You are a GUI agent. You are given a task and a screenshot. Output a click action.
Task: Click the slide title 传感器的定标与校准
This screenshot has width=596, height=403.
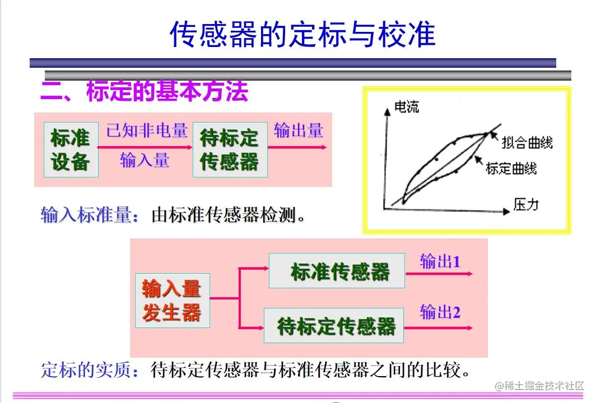302,35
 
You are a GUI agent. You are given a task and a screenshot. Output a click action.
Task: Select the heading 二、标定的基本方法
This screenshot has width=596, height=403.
145,91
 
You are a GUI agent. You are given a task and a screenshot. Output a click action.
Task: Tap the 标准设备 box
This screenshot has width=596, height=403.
71,149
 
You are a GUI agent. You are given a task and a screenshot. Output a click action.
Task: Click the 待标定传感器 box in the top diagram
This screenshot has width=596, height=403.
230,149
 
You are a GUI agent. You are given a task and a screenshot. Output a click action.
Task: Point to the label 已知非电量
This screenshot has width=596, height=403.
147,130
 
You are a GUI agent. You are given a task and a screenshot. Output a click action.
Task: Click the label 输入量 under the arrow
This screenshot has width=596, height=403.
145,161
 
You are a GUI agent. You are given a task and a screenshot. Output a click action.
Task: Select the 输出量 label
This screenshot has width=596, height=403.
298,130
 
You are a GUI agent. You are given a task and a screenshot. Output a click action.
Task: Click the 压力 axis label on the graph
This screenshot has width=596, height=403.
525,204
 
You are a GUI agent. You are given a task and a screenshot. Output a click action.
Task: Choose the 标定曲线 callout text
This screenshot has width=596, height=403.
511,168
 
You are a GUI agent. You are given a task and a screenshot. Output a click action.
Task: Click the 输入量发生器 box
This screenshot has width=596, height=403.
171,301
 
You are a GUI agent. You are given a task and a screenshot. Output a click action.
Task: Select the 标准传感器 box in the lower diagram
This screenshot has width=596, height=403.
337,271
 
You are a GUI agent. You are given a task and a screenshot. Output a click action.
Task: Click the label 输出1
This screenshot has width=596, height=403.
440,261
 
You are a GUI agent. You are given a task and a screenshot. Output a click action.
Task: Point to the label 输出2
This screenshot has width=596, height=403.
440,312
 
